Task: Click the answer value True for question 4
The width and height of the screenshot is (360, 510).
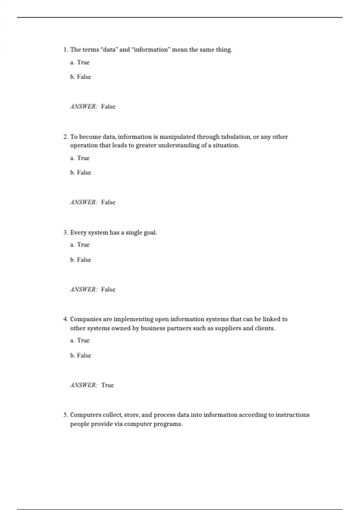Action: pos(107,385)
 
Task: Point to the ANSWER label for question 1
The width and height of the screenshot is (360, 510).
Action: pos(84,106)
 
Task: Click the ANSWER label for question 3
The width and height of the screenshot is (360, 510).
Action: pos(84,289)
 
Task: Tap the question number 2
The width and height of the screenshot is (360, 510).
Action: pos(66,137)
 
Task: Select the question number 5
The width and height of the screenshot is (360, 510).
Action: pos(66,415)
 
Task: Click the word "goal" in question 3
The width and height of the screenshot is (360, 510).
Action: pos(150,232)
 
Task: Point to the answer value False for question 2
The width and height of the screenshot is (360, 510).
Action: pos(108,202)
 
